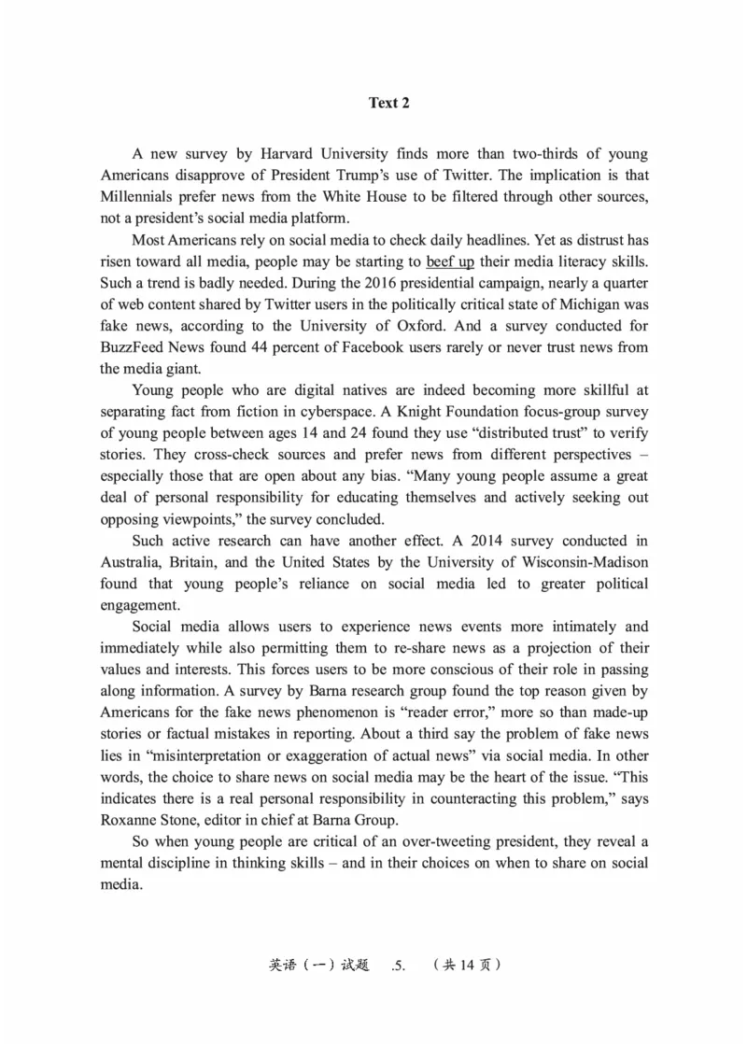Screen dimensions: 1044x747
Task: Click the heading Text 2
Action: (x=388, y=103)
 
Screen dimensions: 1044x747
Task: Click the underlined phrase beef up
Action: (x=450, y=261)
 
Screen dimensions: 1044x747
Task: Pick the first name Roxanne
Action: (x=131, y=821)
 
